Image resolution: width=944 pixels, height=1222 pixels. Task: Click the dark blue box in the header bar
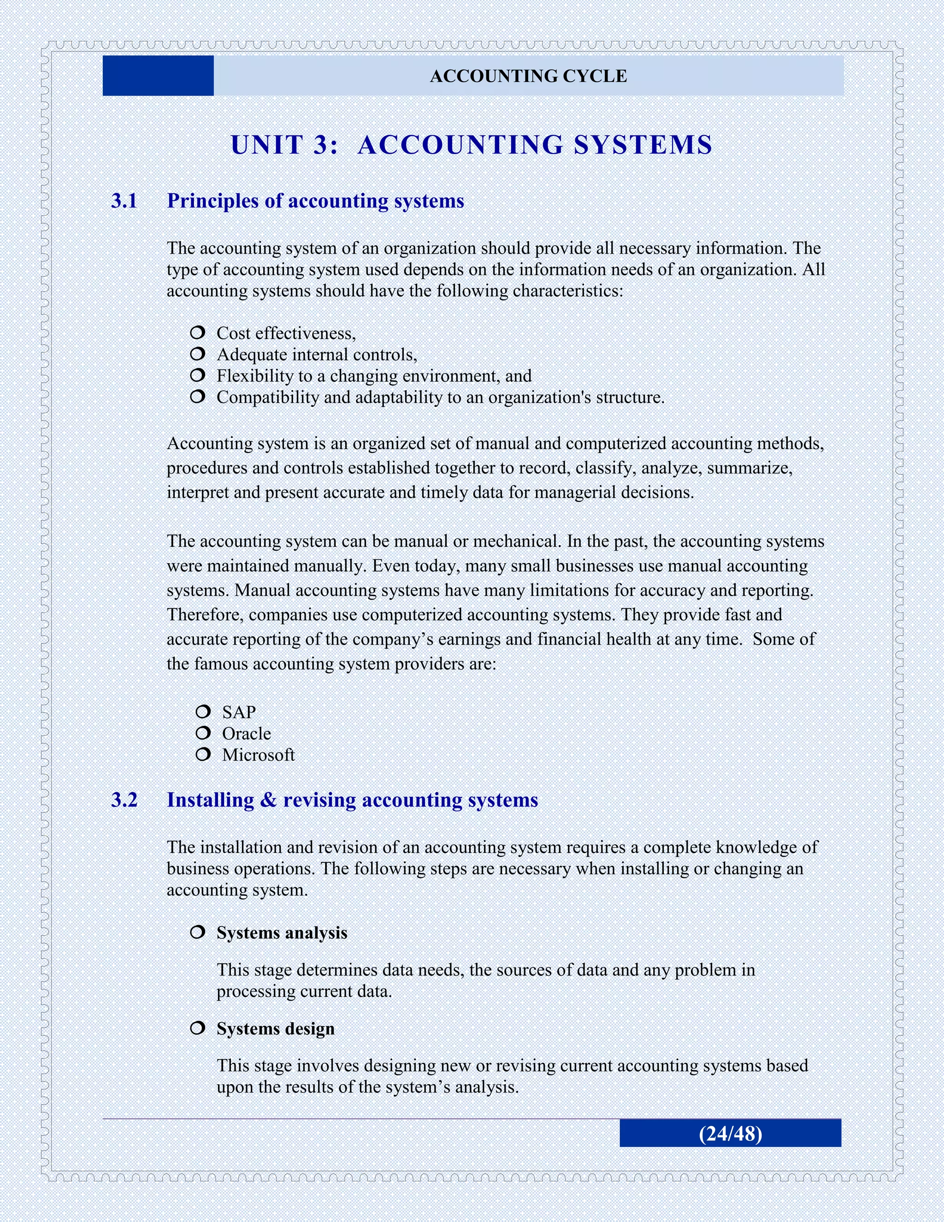(158, 76)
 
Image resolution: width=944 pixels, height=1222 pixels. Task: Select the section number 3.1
(124, 201)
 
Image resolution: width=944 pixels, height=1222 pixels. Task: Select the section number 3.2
(124, 800)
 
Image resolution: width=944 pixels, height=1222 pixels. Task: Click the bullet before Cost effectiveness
(197, 333)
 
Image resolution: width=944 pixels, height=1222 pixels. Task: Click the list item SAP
(239, 712)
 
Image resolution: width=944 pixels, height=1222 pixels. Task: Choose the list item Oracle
(246, 734)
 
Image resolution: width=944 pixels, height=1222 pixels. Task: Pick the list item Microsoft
(258, 755)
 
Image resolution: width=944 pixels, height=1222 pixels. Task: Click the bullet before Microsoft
(203, 754)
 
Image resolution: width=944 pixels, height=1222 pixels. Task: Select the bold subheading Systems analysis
(282, 933)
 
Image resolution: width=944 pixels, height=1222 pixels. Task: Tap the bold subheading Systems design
(276, 1028)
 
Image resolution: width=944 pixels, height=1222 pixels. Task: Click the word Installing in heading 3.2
(210, 800)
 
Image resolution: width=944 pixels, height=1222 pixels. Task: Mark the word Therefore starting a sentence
(205, 615)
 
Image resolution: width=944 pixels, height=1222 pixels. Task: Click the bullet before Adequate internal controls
(197, 354)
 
